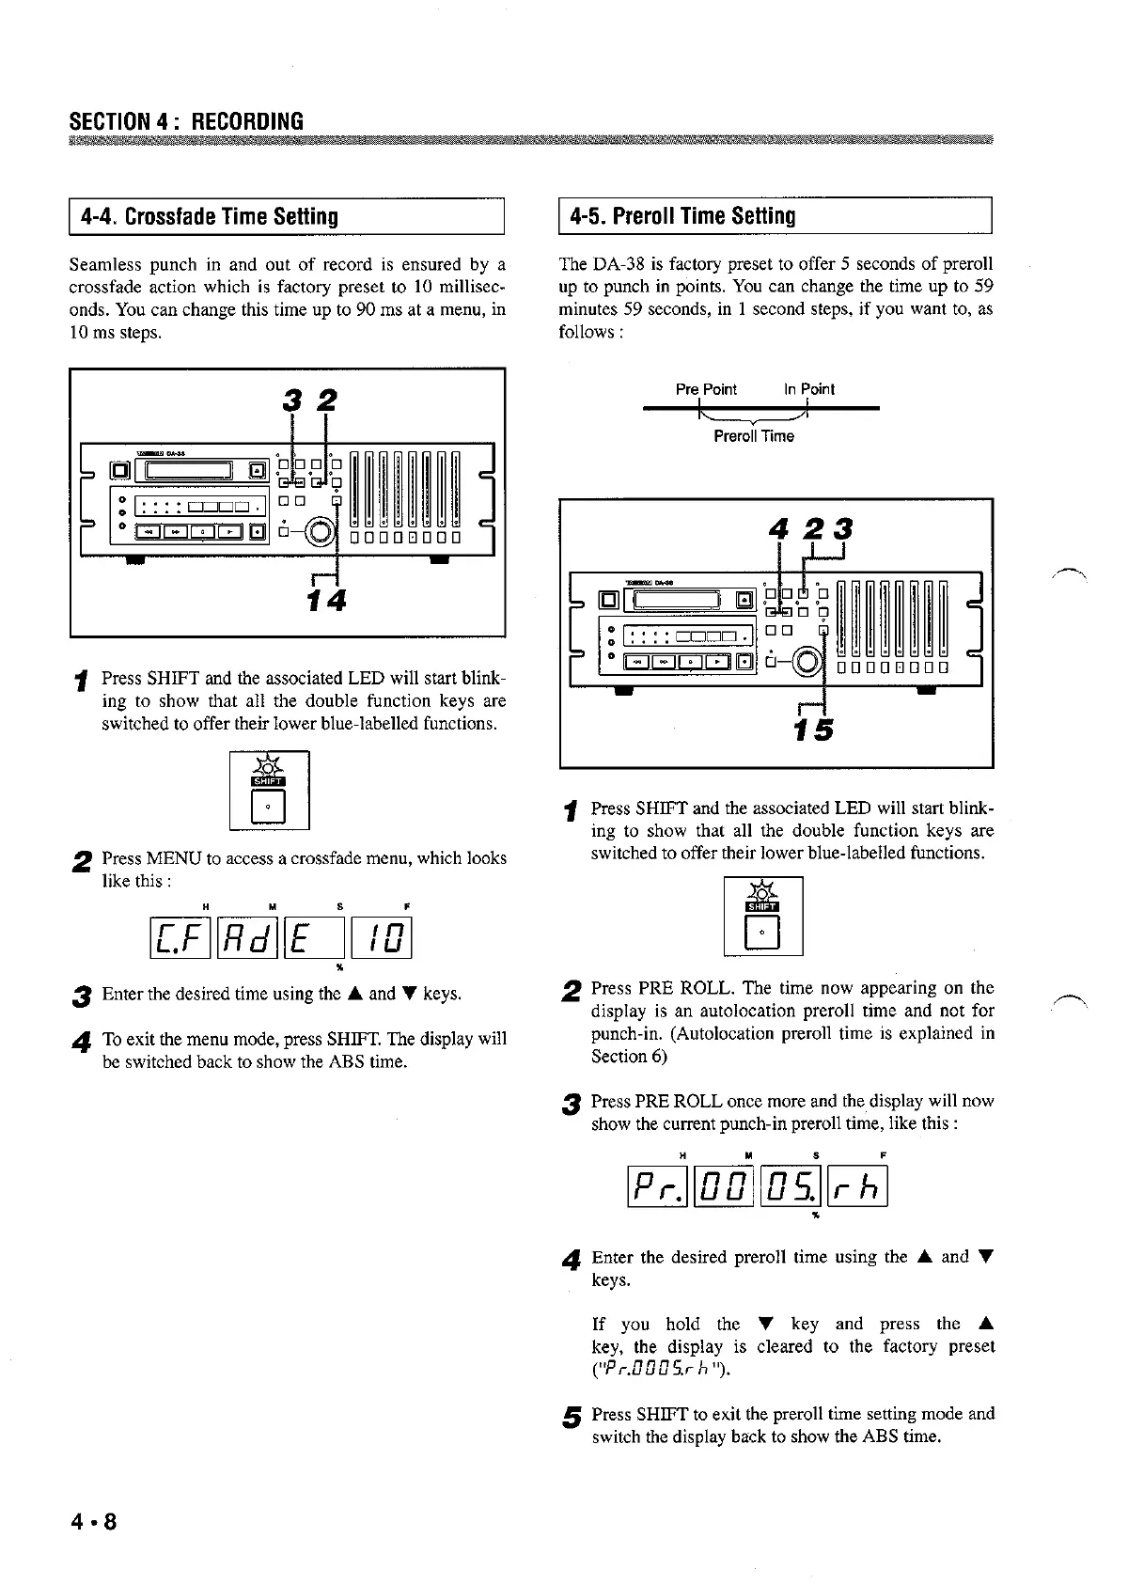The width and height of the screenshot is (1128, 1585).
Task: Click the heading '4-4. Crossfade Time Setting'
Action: tap(210, 217)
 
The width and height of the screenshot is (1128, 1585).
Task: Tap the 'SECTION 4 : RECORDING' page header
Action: tap(186, 121)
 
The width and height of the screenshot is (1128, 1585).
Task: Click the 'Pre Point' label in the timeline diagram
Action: tap(706, 389)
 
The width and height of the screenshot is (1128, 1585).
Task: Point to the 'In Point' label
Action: tap(809, 389)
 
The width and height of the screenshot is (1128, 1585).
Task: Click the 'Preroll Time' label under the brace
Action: tap(754, 436)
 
